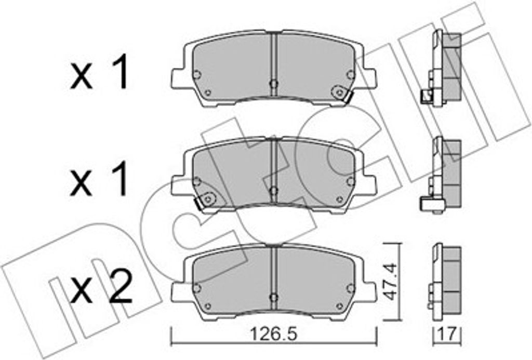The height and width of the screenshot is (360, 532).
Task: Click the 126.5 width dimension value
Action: pyautogui.click(x=273, y=334)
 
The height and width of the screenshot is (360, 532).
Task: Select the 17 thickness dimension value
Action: pyautogui.click(x=447, y=334)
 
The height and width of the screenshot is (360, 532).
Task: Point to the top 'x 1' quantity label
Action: pyautogui.click(x=99, y=72)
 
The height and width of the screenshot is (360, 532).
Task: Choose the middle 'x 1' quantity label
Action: pyautogui.click(x=99, y=179)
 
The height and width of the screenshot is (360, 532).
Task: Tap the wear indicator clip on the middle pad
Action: pyautogui.click(x=205, y=201)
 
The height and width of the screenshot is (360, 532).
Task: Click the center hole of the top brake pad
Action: pyautogui.click(x=273, y=84)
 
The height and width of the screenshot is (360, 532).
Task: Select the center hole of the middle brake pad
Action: pyautogui.click(x=273, y=190)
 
